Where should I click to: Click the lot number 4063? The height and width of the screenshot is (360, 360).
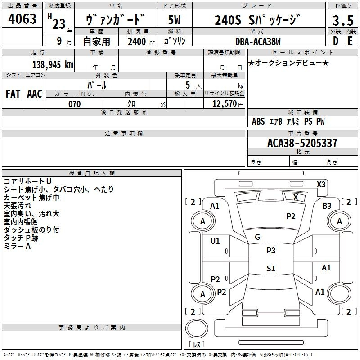click(x=22, y=19)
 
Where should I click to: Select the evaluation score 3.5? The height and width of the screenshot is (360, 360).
click(x=343, y=21)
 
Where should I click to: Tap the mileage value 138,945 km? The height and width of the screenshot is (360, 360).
click(x=53, y=65)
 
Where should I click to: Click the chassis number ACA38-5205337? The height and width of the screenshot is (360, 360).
click(x=302, y=143)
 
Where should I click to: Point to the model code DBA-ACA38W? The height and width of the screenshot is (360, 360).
click(x=258, y=41)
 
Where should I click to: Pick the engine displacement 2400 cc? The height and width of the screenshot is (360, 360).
click(x=141, y=42)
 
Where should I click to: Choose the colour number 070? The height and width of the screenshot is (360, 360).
click(x=74, y=104)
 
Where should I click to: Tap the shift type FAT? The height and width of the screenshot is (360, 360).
click(x=13, y=94)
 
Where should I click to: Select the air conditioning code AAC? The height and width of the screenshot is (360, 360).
click(x=35, y=94)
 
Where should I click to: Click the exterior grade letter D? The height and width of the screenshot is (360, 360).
click(x=336, y=41)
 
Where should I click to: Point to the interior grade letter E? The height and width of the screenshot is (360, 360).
click(x=350, y=41)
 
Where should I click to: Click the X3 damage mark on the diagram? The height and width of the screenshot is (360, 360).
click(x=321, y=184)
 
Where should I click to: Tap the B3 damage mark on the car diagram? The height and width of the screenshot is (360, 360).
click(x=327, y=206)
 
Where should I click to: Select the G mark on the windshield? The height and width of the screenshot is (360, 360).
click(x=257, y=237)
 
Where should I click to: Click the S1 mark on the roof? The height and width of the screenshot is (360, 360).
click(x=271, y=268)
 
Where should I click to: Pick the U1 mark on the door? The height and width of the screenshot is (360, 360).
click(x=215, y=241)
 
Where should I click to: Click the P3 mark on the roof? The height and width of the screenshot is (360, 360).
click(x=271, y=251)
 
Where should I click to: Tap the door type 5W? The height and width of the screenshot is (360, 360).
click(x=174, y=20)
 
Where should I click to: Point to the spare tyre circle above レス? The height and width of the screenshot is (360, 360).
click(x=197, y=328)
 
